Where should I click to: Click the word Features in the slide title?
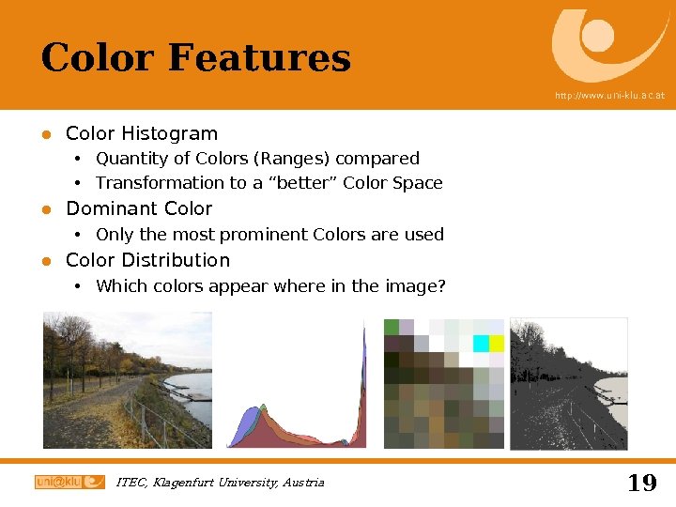point(259,58)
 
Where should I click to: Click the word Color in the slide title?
point(99,58)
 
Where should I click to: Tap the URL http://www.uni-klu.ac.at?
point(609,96)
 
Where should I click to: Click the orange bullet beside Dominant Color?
point(45,209)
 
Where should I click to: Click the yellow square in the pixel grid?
point(496,344)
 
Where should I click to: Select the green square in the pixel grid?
point(392,327)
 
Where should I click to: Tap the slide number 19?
point(641,483)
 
